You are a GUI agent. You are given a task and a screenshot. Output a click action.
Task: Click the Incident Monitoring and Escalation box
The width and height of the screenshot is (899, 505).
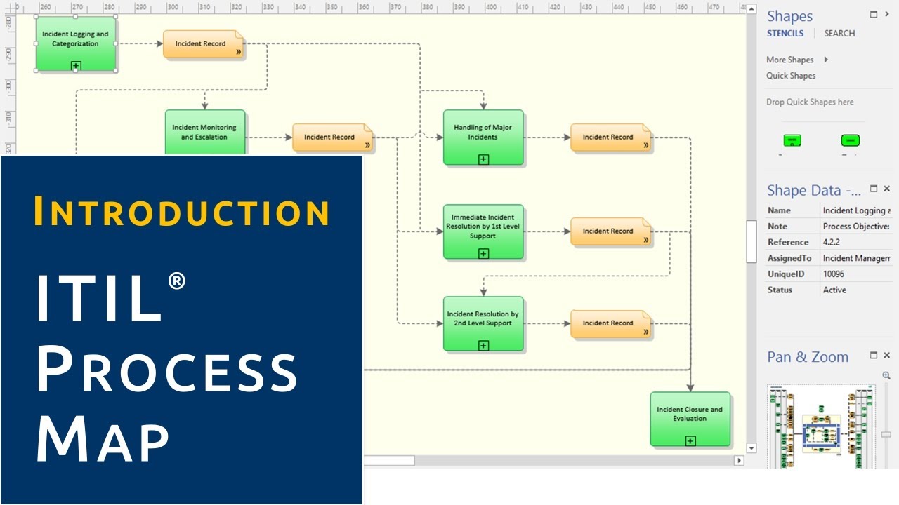point(204,132)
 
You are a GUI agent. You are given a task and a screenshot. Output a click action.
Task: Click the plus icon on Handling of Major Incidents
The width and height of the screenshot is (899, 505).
point(483,159)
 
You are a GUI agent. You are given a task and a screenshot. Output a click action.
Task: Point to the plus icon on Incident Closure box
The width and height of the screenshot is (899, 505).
point(690,440)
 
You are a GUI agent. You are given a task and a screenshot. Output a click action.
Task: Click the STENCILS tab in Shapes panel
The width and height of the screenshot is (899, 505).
point(785,34)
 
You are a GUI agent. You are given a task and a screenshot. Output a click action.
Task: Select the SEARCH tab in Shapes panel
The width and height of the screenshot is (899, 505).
point(839,34)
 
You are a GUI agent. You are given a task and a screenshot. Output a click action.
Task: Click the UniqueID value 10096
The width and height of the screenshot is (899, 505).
point(834,274)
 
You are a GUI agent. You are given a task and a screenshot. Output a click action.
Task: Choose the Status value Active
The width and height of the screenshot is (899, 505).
point(834,290)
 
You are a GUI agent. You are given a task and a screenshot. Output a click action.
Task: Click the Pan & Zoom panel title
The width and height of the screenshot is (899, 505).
point(808,357)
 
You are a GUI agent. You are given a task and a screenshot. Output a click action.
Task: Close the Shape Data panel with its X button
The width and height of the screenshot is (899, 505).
point(886,189)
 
